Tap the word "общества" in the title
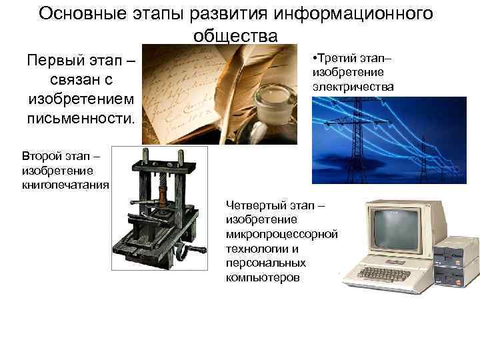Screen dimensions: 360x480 (235, 35)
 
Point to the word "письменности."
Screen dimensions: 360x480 (81, 119)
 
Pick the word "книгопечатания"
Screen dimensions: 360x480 (65, 185)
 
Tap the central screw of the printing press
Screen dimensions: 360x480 (161, 194)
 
